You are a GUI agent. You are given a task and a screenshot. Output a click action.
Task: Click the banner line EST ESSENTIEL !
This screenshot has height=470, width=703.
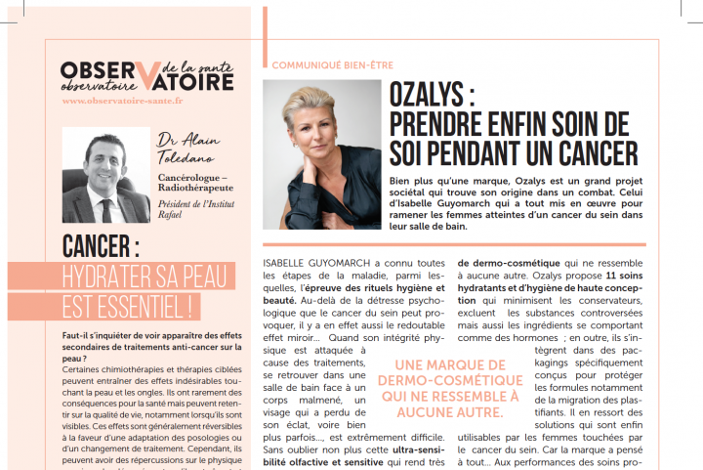click(x=127, y=303)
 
